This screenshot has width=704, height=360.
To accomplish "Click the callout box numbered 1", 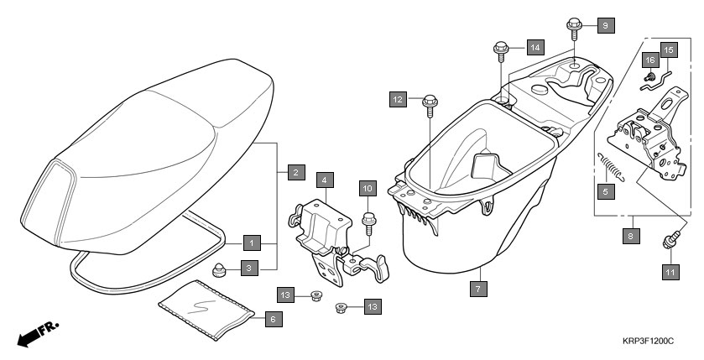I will (x=251, y=243).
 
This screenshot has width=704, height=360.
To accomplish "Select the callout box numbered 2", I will (x=295, y=173).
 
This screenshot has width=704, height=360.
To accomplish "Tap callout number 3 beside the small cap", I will (x=251, y=268).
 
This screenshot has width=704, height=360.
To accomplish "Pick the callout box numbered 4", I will (x=324, y=180).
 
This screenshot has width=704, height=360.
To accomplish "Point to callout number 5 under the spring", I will (x=603, y=191).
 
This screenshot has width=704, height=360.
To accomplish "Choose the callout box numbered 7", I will (x=477, y=288).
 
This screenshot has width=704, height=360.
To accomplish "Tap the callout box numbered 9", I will (x=606, y=26).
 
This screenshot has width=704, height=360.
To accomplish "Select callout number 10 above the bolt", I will (x=368, y=188).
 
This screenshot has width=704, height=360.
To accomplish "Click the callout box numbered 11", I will (x=670, y=272).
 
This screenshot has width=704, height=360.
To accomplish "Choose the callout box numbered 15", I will (x=669, y=50).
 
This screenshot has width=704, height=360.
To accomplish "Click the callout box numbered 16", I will (x=649, y=60).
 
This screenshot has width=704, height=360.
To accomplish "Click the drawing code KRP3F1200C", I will (x=649, y=342).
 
